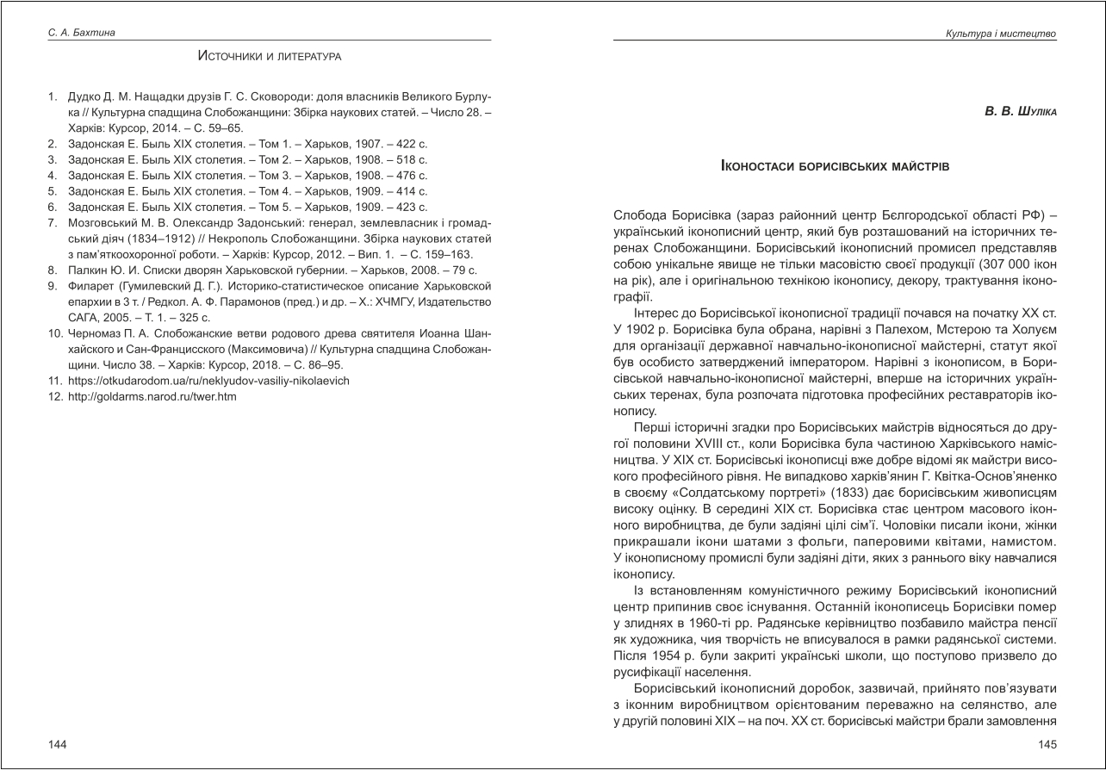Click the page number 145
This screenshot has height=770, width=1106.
(x=1047, y=743)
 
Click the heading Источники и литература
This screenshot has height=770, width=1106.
(x=270, y=57)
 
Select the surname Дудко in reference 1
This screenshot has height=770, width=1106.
(x=85, y=97)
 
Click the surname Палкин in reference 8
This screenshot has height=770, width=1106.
(x=86, y=270)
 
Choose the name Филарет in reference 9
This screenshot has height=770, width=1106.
(x=89, y=286)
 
